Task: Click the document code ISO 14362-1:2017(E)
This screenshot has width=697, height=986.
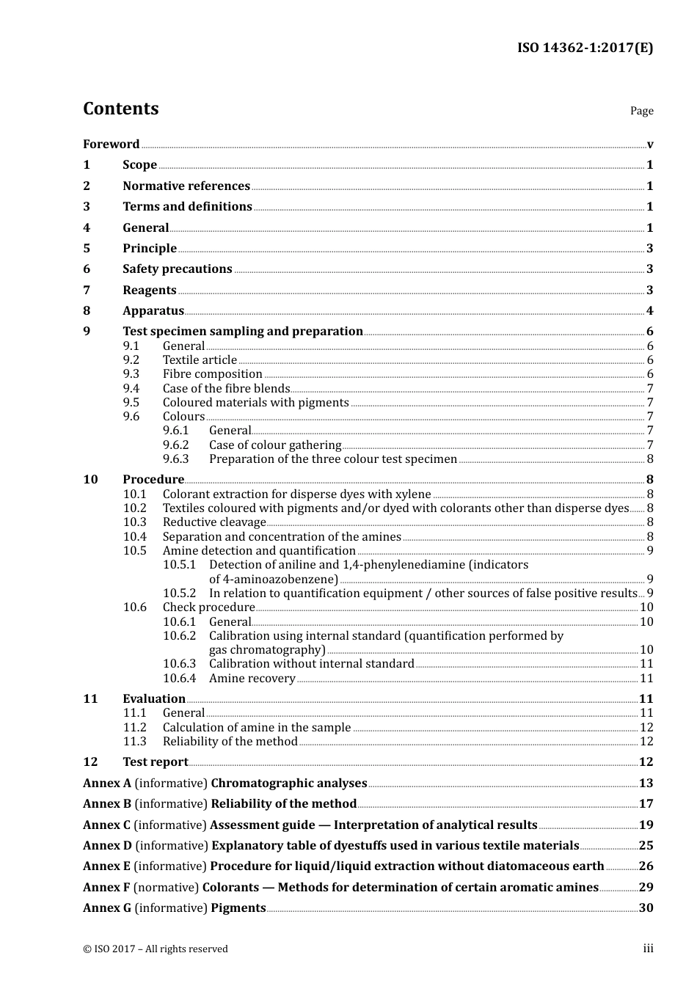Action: [585, 48]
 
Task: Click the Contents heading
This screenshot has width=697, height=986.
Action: [120, 109]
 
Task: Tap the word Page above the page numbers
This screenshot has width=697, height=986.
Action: [641, 111]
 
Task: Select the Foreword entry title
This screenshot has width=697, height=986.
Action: [111, 144]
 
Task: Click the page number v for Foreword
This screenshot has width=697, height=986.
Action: [650, 145]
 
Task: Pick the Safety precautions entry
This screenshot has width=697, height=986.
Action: [177, 269]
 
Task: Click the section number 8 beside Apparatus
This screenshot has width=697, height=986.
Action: [87, 311]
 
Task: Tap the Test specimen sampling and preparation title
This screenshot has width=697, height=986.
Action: [242, 332]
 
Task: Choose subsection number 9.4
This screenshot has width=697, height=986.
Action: [131, 389]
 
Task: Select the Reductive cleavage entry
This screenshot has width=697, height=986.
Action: [214, 522]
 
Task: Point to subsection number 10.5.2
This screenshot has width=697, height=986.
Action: [179, 594]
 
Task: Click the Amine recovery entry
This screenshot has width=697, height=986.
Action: [252, 679]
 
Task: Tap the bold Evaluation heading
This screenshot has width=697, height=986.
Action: [154, 699]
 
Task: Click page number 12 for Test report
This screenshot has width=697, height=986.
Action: [646, 762]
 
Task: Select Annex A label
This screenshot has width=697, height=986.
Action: [107, 784]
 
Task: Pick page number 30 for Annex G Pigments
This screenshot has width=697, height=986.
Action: [646, 908]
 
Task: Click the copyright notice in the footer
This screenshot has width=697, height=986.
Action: [156, 949]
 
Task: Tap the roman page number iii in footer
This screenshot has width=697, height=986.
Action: [648, 949]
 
